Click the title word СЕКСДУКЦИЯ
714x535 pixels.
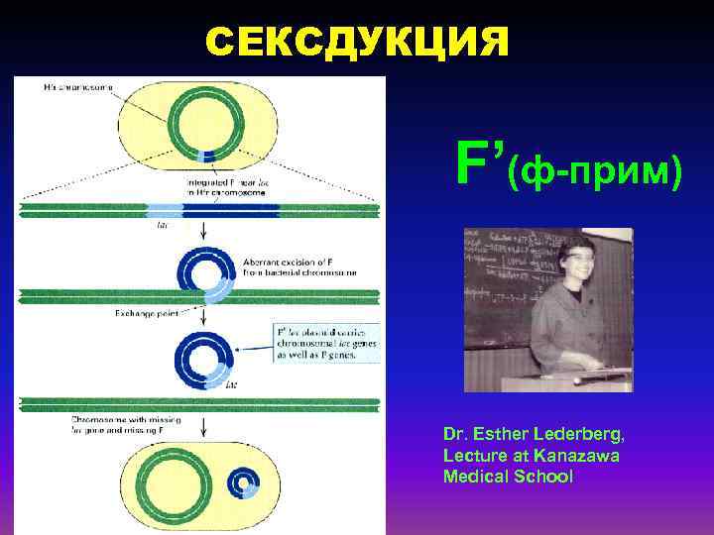pos(357,42)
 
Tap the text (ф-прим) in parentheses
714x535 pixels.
pos(595,171)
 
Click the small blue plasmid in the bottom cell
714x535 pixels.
pos(241,482)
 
